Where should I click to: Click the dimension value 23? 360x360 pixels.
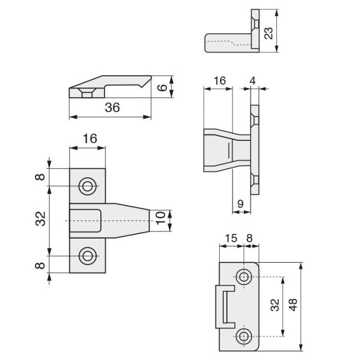pos(267,33)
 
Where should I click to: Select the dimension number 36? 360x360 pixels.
pos(112,107)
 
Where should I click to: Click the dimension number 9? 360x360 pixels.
pos(241,203)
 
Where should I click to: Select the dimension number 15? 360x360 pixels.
pos(231,238)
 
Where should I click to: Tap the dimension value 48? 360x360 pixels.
pos(293,305)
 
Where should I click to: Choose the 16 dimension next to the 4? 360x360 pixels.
pos(219,81)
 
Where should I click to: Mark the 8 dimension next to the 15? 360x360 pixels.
pos(250,238)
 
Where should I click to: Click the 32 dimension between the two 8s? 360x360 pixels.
pos(42,220)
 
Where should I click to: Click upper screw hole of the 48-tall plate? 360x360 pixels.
pos(244,277)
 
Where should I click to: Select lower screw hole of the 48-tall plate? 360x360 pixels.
pos(244,336)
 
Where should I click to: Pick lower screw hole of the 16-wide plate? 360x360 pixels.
pos(87,256)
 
